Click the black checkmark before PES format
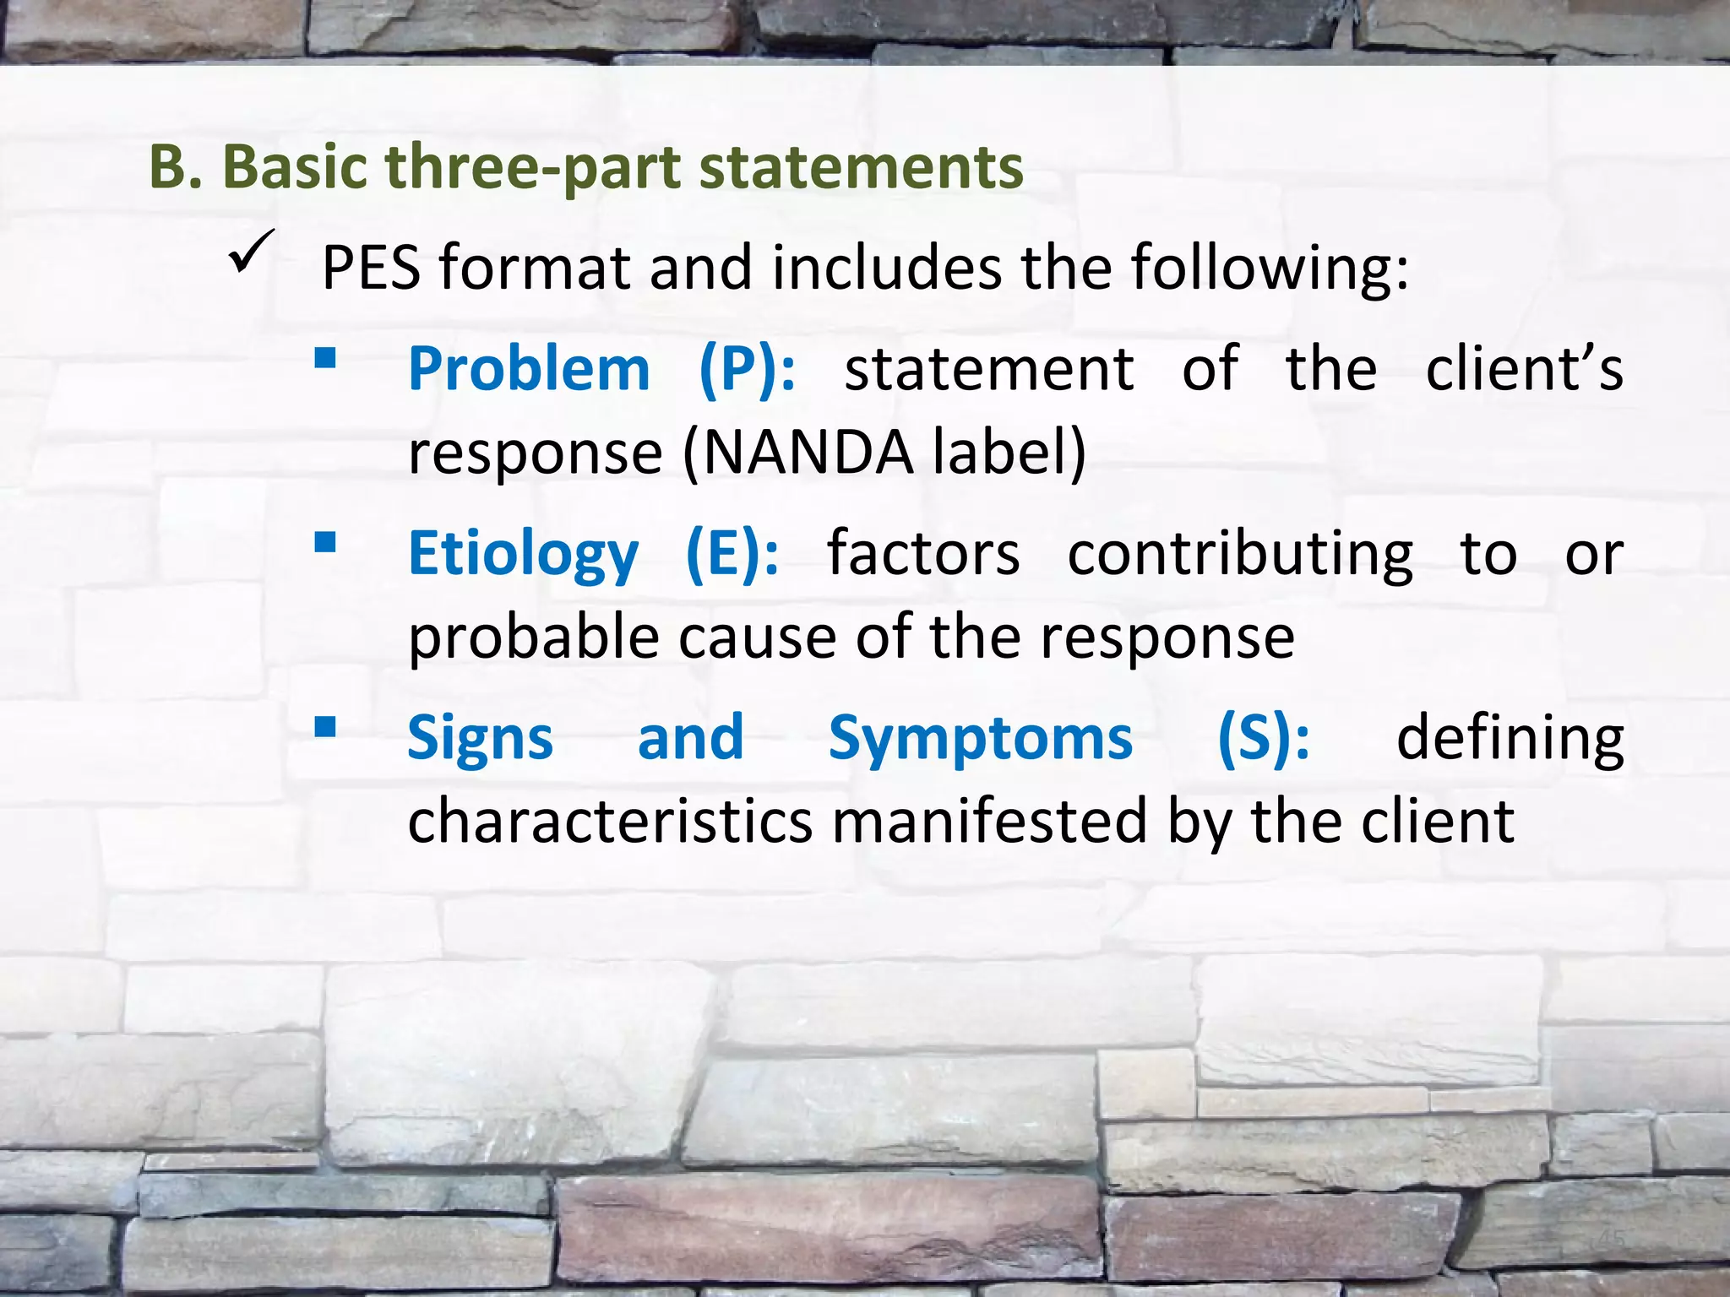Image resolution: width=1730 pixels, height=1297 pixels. [x=251, y=252]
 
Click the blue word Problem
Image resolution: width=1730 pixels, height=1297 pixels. [x=529, y=369]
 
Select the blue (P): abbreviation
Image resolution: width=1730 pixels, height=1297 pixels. [x=748, y=369]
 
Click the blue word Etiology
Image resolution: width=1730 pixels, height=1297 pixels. [x=523, y=554]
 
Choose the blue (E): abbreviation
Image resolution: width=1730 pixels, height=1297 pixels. [x=732, y=554]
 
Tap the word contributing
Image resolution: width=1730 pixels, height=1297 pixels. [x=1240, y=554]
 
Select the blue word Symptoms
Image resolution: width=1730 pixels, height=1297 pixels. [x=980, y=738]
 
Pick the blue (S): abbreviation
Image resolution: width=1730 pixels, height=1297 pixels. [x=1264, y=738]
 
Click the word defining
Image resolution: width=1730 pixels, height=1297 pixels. [x=1510, y=738]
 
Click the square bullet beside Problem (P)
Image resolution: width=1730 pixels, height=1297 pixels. [x=325, y=360]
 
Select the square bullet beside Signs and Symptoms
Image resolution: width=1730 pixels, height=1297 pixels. [x=325, y=727]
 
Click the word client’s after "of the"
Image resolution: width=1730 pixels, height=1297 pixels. [x=1524, y=369]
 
